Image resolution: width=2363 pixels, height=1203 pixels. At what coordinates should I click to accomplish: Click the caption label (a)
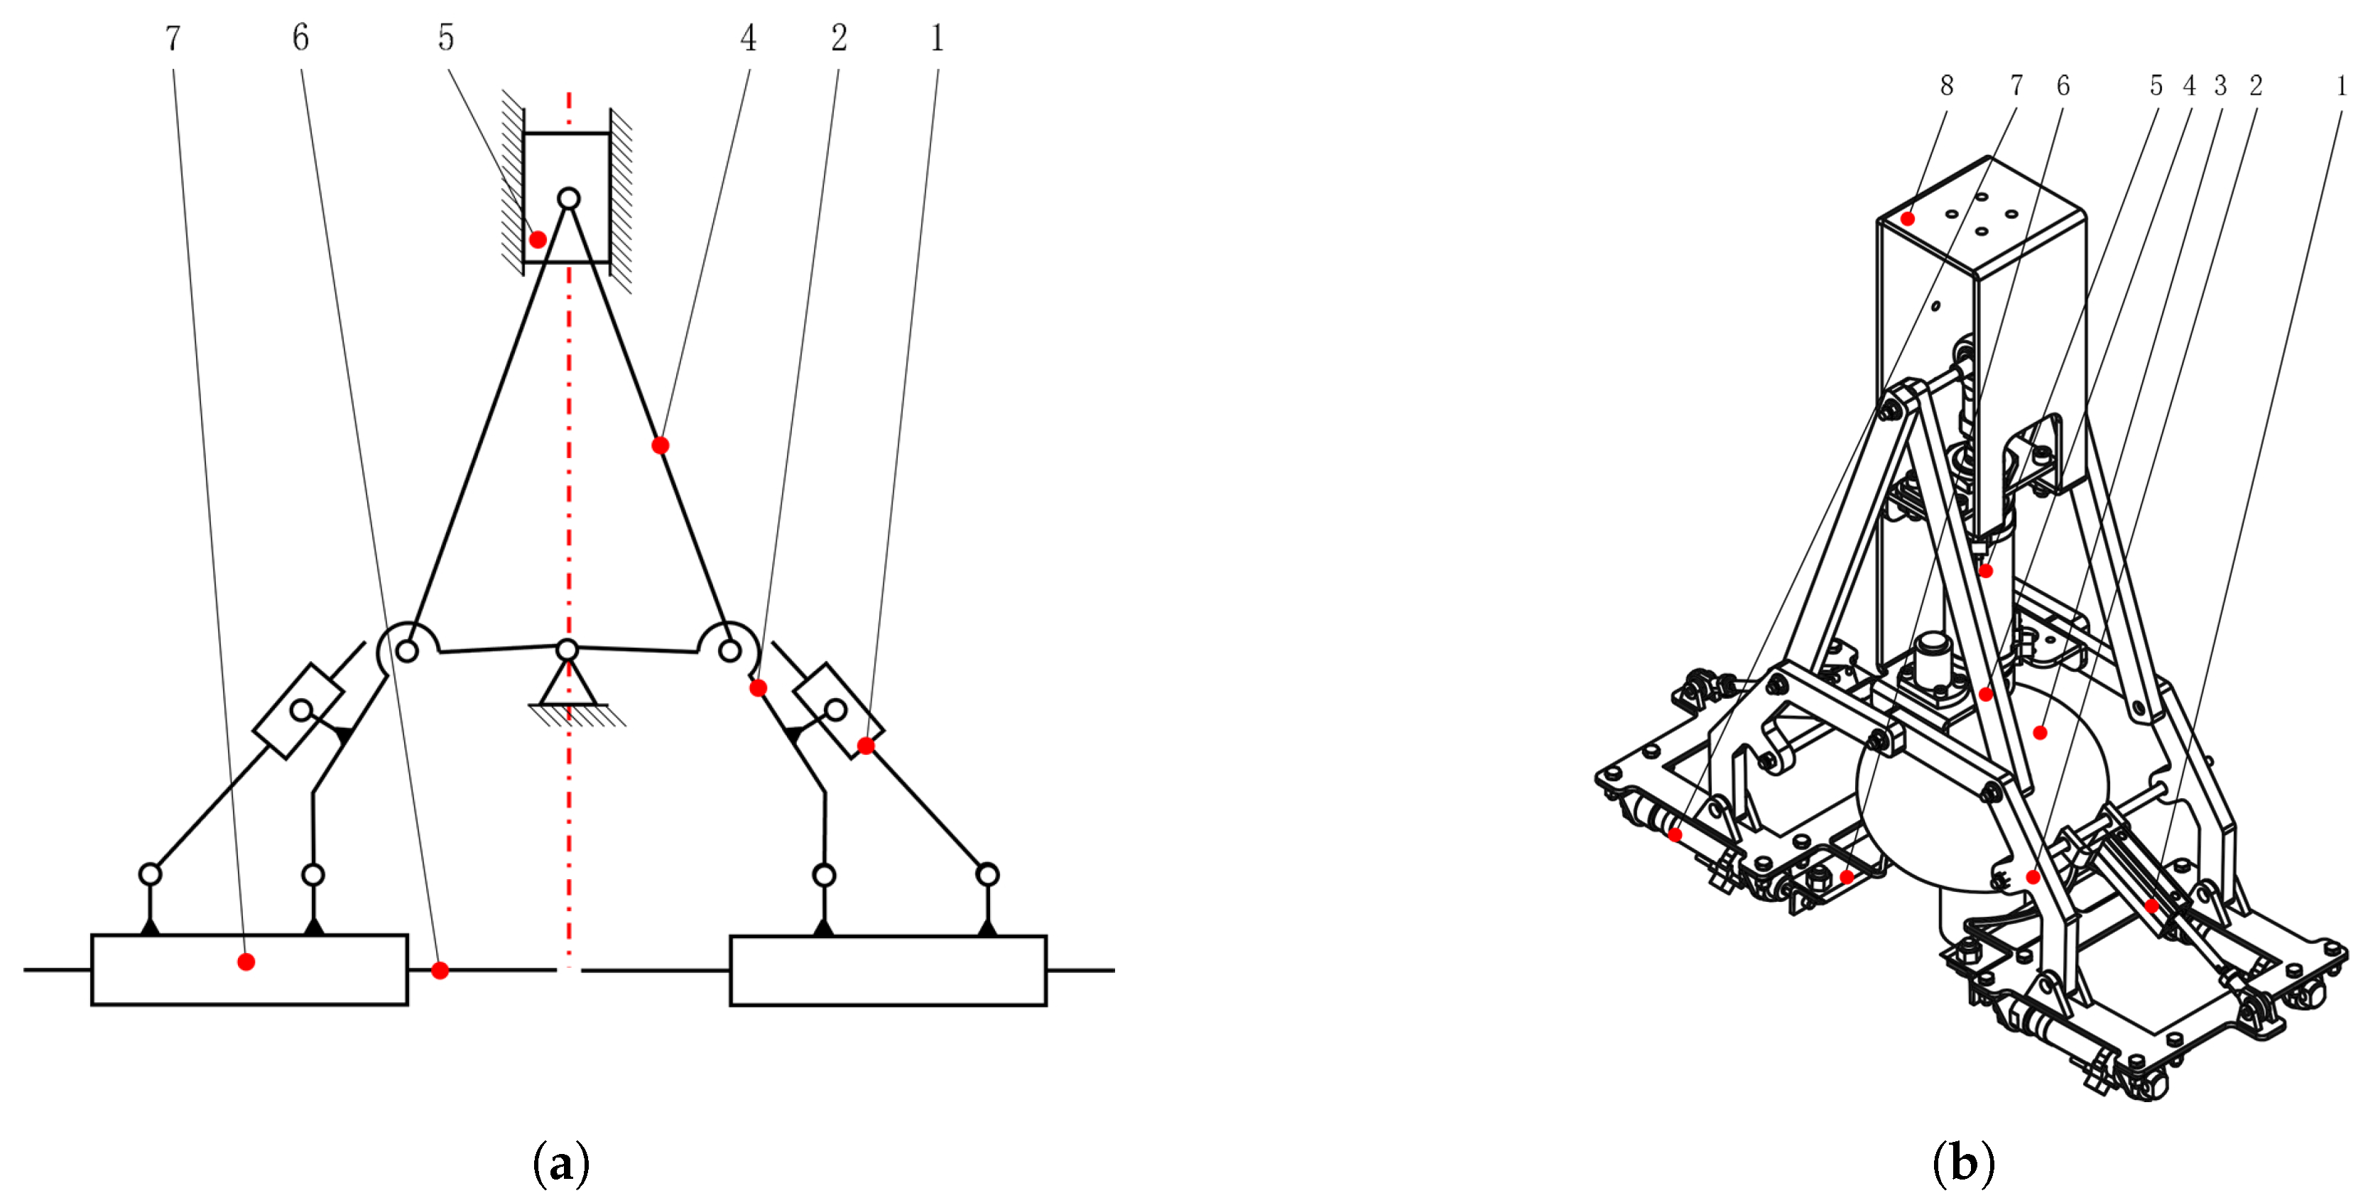tap(560, 1163)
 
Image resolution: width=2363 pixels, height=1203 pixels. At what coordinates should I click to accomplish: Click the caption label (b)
tap(1963, 1163)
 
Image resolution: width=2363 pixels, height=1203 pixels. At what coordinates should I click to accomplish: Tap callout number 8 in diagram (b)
tap(1947, 85)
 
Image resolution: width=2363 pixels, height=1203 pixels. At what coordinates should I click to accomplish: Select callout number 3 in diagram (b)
tap(2220, 85)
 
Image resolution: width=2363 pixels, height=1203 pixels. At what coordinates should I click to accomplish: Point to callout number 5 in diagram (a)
tap(446, 38)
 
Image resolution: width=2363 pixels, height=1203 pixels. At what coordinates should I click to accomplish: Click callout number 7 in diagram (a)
tap(173, 38)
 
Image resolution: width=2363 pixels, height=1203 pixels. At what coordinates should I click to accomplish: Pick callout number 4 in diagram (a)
tap(749, 38)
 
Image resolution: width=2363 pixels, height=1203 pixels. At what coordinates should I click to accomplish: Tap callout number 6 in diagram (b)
tap(2063, 85)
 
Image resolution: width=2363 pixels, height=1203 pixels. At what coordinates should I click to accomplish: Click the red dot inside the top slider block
tap(538, 240)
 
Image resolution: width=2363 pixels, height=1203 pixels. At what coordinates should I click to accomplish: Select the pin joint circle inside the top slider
tap(569, 199)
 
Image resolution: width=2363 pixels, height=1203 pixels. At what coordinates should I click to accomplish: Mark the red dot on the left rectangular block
tap(246, 962)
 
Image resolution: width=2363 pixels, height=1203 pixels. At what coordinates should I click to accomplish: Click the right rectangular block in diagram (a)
tap(888, 970)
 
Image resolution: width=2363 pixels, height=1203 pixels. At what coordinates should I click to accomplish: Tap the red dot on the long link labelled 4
tap(661, 446)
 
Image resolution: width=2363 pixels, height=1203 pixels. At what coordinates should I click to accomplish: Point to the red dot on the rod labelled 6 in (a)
tap(440, 970)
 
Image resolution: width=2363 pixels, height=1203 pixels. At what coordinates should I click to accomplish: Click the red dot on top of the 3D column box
tap(1908, 218)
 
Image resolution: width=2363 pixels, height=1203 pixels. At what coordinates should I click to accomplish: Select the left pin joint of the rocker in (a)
tap(407, 651)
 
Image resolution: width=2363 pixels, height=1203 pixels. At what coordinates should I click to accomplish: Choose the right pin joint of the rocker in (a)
tap(729, 651)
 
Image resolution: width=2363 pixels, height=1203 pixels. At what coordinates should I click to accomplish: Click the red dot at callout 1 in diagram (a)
tap(866, 746)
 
